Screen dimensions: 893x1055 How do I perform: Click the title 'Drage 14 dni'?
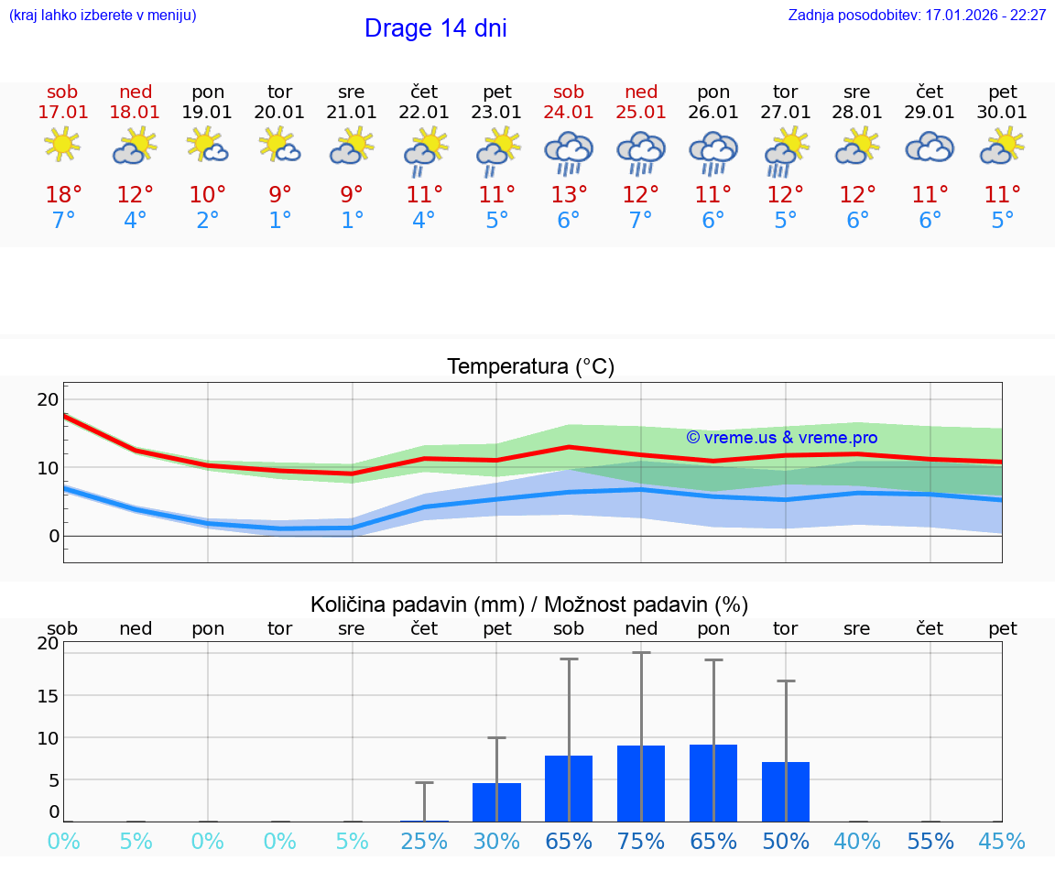pos(435,28)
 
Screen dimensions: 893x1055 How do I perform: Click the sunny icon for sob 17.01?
pos(62,146)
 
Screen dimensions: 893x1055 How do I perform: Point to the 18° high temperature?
pos(63,195)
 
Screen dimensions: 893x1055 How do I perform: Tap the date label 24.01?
pos(569,113)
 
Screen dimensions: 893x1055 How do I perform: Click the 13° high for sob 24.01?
pos(569,195)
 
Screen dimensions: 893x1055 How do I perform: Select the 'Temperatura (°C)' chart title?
pos(530,367)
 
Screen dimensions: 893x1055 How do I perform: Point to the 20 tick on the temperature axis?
pos(48,399)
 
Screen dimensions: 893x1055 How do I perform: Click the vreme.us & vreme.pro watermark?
pos(782,438)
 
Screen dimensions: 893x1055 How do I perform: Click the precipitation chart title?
pos(529,604)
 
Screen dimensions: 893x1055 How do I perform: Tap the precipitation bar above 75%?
pos(641,784)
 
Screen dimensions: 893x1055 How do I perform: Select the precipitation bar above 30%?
pos(496,802)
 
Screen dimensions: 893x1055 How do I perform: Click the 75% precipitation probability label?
pos(641,841)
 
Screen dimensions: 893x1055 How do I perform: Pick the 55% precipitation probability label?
pos(930,841)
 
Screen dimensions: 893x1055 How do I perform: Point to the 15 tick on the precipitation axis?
pos(48,695)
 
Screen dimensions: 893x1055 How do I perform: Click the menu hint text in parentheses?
pos(103,16)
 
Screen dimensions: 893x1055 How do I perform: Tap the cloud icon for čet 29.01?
pos(930,147)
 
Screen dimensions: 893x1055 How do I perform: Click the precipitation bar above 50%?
pos(786,792)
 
